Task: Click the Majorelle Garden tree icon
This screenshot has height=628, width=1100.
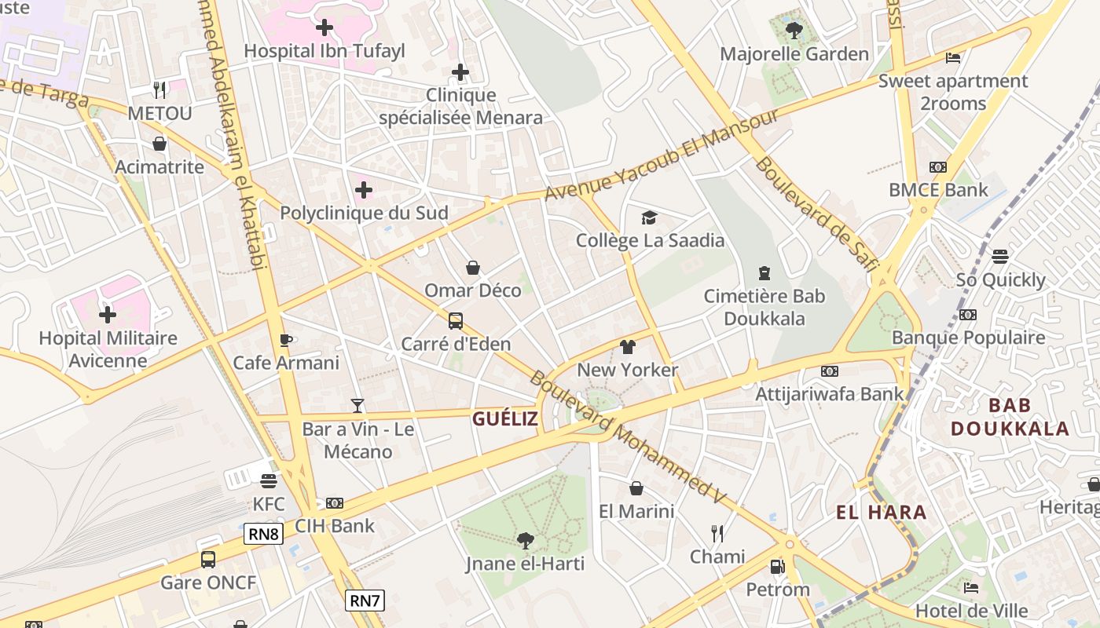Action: click(794, 31)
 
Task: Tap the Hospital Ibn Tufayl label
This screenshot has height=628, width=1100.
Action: click(324, 51)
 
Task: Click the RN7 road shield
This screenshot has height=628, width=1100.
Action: click(365, 601)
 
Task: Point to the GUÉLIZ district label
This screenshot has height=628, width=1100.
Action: click(505, 419)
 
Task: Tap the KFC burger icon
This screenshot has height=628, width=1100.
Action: click(269, 480)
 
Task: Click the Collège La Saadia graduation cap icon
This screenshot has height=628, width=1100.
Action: click(649, 217)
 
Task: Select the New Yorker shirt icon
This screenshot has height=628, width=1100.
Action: click(627, 347)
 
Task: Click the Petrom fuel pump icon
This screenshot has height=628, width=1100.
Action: click(777, 566)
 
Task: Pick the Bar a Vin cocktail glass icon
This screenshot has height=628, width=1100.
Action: click(357, 406)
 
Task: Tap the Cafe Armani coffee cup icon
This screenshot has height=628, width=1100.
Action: click(286, 340)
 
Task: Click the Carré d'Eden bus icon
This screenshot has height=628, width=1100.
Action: click(456, 321)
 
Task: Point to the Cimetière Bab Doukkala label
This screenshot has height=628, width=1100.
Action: click(764, 307)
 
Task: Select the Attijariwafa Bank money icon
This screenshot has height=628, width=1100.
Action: click(829, 371)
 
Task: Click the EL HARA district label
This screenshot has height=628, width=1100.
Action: click(881, 513)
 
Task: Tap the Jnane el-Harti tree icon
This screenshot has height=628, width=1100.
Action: click(525, 540)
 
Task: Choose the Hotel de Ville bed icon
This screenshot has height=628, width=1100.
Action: click(971, 587)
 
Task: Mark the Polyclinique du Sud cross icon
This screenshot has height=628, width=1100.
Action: click(364, 190)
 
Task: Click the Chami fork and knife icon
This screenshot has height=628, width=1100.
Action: click(717, 534)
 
